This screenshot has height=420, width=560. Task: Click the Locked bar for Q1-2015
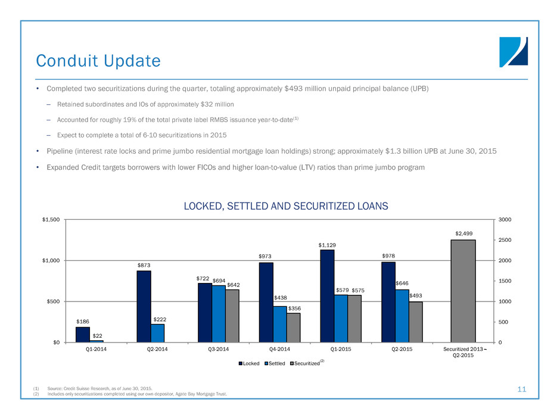click(327, 295)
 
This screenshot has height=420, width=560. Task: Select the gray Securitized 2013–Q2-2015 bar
click(463, 291)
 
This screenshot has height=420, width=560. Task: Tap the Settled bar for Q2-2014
click(157, 332)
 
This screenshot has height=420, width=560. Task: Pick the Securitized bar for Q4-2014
click(294, 327)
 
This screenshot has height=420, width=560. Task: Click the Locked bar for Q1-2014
click(83, 334)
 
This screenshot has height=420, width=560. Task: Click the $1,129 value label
click(327, 244)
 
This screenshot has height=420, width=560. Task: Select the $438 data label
click(280, 297)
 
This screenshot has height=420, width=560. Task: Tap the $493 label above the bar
click(416, 296)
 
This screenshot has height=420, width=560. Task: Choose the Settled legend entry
click(277, 362)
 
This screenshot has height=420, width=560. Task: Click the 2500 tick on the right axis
click(504, 240)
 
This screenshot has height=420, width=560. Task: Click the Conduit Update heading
click(98, 60)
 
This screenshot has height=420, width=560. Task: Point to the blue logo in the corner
click(513, 52)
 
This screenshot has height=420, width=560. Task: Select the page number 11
click(522, 389)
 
